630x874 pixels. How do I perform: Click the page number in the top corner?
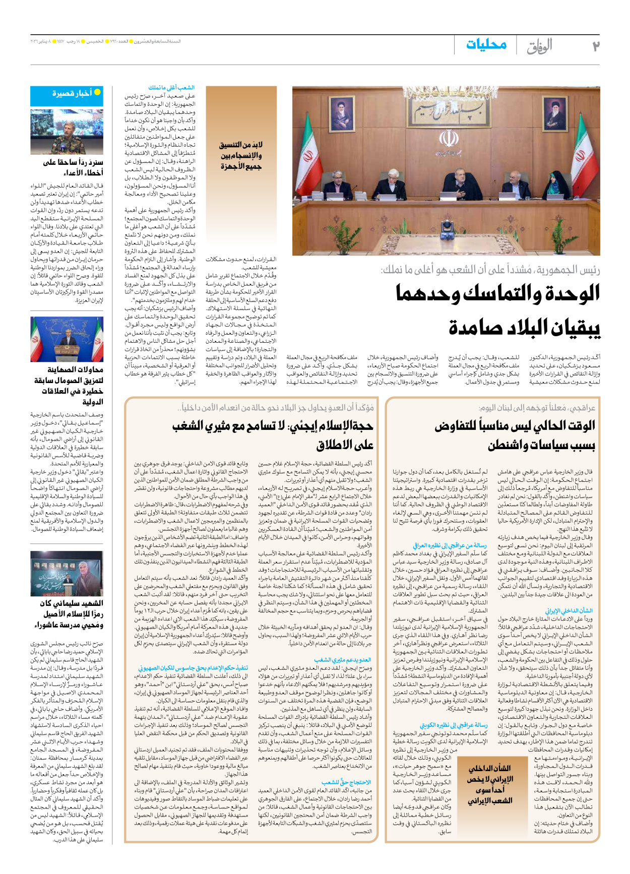(595, 46)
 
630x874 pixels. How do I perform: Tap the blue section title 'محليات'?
(486, 45)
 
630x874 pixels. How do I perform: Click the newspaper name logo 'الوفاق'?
(539, 46)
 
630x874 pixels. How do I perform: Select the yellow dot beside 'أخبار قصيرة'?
(97, 92)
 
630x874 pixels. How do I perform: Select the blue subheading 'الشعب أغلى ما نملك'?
(171, 88)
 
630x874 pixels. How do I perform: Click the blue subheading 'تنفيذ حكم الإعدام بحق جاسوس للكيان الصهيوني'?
(193, 668)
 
